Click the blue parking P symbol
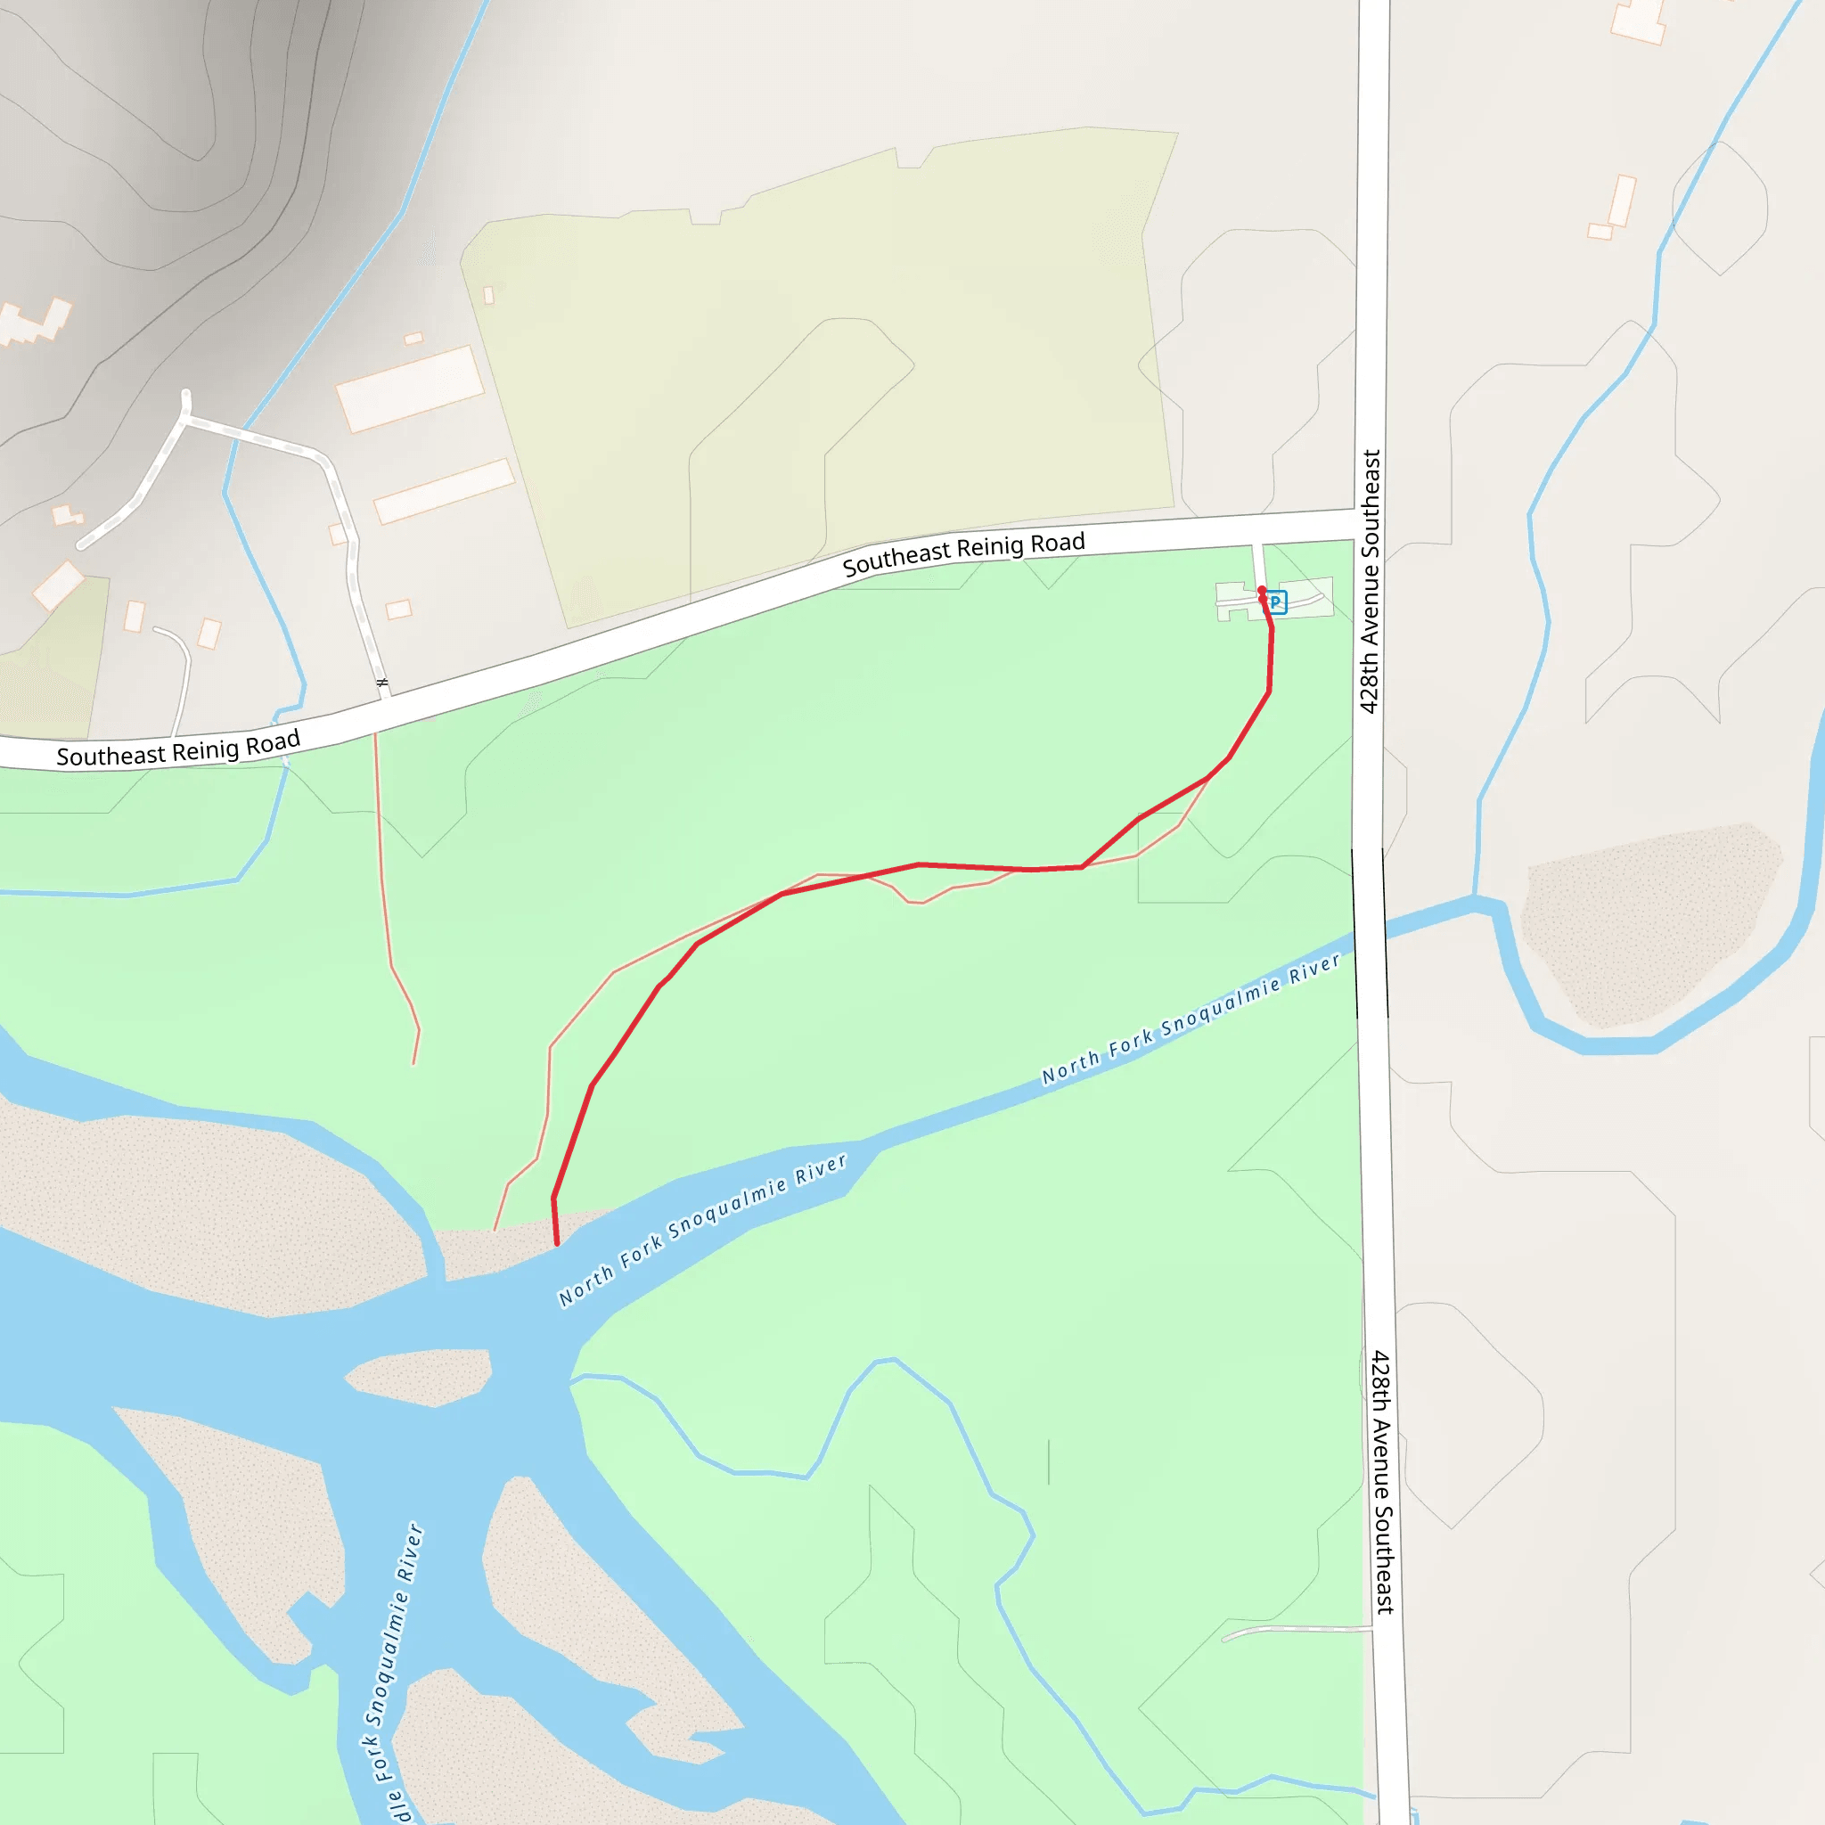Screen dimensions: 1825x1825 [1276, 602]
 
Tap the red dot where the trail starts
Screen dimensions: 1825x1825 [1261, 591]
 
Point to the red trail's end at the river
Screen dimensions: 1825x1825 [557, 1244]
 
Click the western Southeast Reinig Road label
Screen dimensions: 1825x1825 [177, 749]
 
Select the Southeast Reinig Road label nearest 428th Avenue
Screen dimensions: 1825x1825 [963, 553]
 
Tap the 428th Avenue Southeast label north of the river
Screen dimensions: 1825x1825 [1369, 581]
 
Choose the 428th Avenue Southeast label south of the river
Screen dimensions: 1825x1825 [1382, 1481]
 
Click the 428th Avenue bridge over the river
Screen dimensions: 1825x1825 [1371, 933]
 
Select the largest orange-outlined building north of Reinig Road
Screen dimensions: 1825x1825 [409, 389]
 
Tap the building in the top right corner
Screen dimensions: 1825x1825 [1639, 19]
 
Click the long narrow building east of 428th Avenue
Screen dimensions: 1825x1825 [1622, 201]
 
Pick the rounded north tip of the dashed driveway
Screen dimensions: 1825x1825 [186, 395]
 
